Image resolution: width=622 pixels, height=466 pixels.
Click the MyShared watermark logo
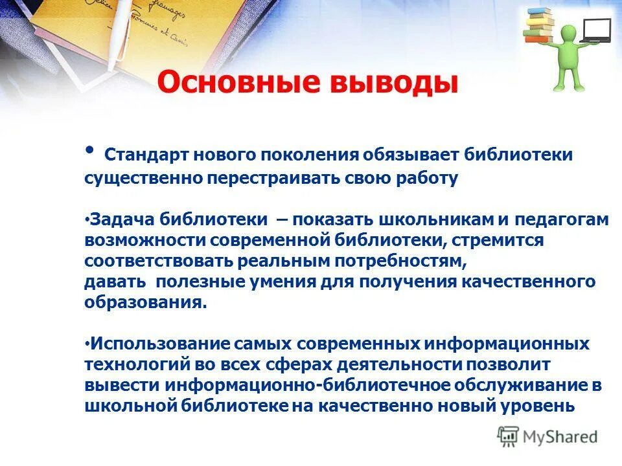point(548,436)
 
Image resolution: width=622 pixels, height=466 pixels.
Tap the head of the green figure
point(568,32)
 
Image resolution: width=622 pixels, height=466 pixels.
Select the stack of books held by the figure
point(538,25)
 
